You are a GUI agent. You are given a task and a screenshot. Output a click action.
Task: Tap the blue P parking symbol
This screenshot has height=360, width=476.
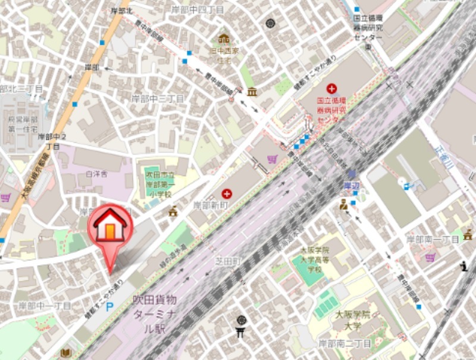point(109,308)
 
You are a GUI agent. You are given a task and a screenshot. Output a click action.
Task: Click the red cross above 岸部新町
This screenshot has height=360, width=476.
point(227,193)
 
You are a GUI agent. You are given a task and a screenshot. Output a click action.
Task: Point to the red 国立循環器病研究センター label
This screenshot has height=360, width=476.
point(331,111)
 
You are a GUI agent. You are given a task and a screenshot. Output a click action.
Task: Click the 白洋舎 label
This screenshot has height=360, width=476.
point(96,174)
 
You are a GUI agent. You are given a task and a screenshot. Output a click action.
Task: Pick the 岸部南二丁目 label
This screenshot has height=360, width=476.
point(345,343)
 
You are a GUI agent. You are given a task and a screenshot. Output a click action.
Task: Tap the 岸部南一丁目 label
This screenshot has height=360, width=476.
point(433,239)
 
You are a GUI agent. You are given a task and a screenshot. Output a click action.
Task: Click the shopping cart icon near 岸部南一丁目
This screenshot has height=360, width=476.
point(430,257)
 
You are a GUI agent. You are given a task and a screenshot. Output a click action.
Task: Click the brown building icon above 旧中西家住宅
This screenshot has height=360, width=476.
point(224,39)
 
